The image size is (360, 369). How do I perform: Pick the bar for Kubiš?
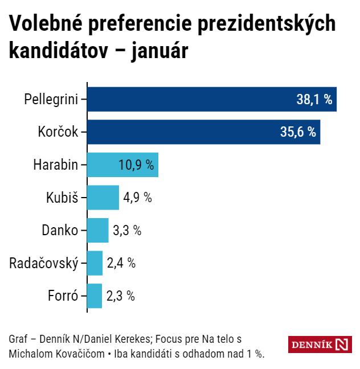click(103, 198)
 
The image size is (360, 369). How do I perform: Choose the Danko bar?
click(97, 231)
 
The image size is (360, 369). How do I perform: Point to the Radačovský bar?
click(95, 263)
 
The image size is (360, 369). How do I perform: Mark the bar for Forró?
click(95, 296)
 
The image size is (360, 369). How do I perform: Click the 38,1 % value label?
click(314, 100)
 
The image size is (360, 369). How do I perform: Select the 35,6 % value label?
click(298, 132)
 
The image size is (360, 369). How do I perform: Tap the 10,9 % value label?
click(136, 165)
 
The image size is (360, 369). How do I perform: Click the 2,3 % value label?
click(120, 296)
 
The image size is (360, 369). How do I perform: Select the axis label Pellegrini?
click(51, 99)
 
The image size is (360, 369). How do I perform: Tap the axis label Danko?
click(60, 231)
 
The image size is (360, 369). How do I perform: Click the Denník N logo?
click(320, 345)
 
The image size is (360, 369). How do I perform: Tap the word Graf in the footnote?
click(18, 339)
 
